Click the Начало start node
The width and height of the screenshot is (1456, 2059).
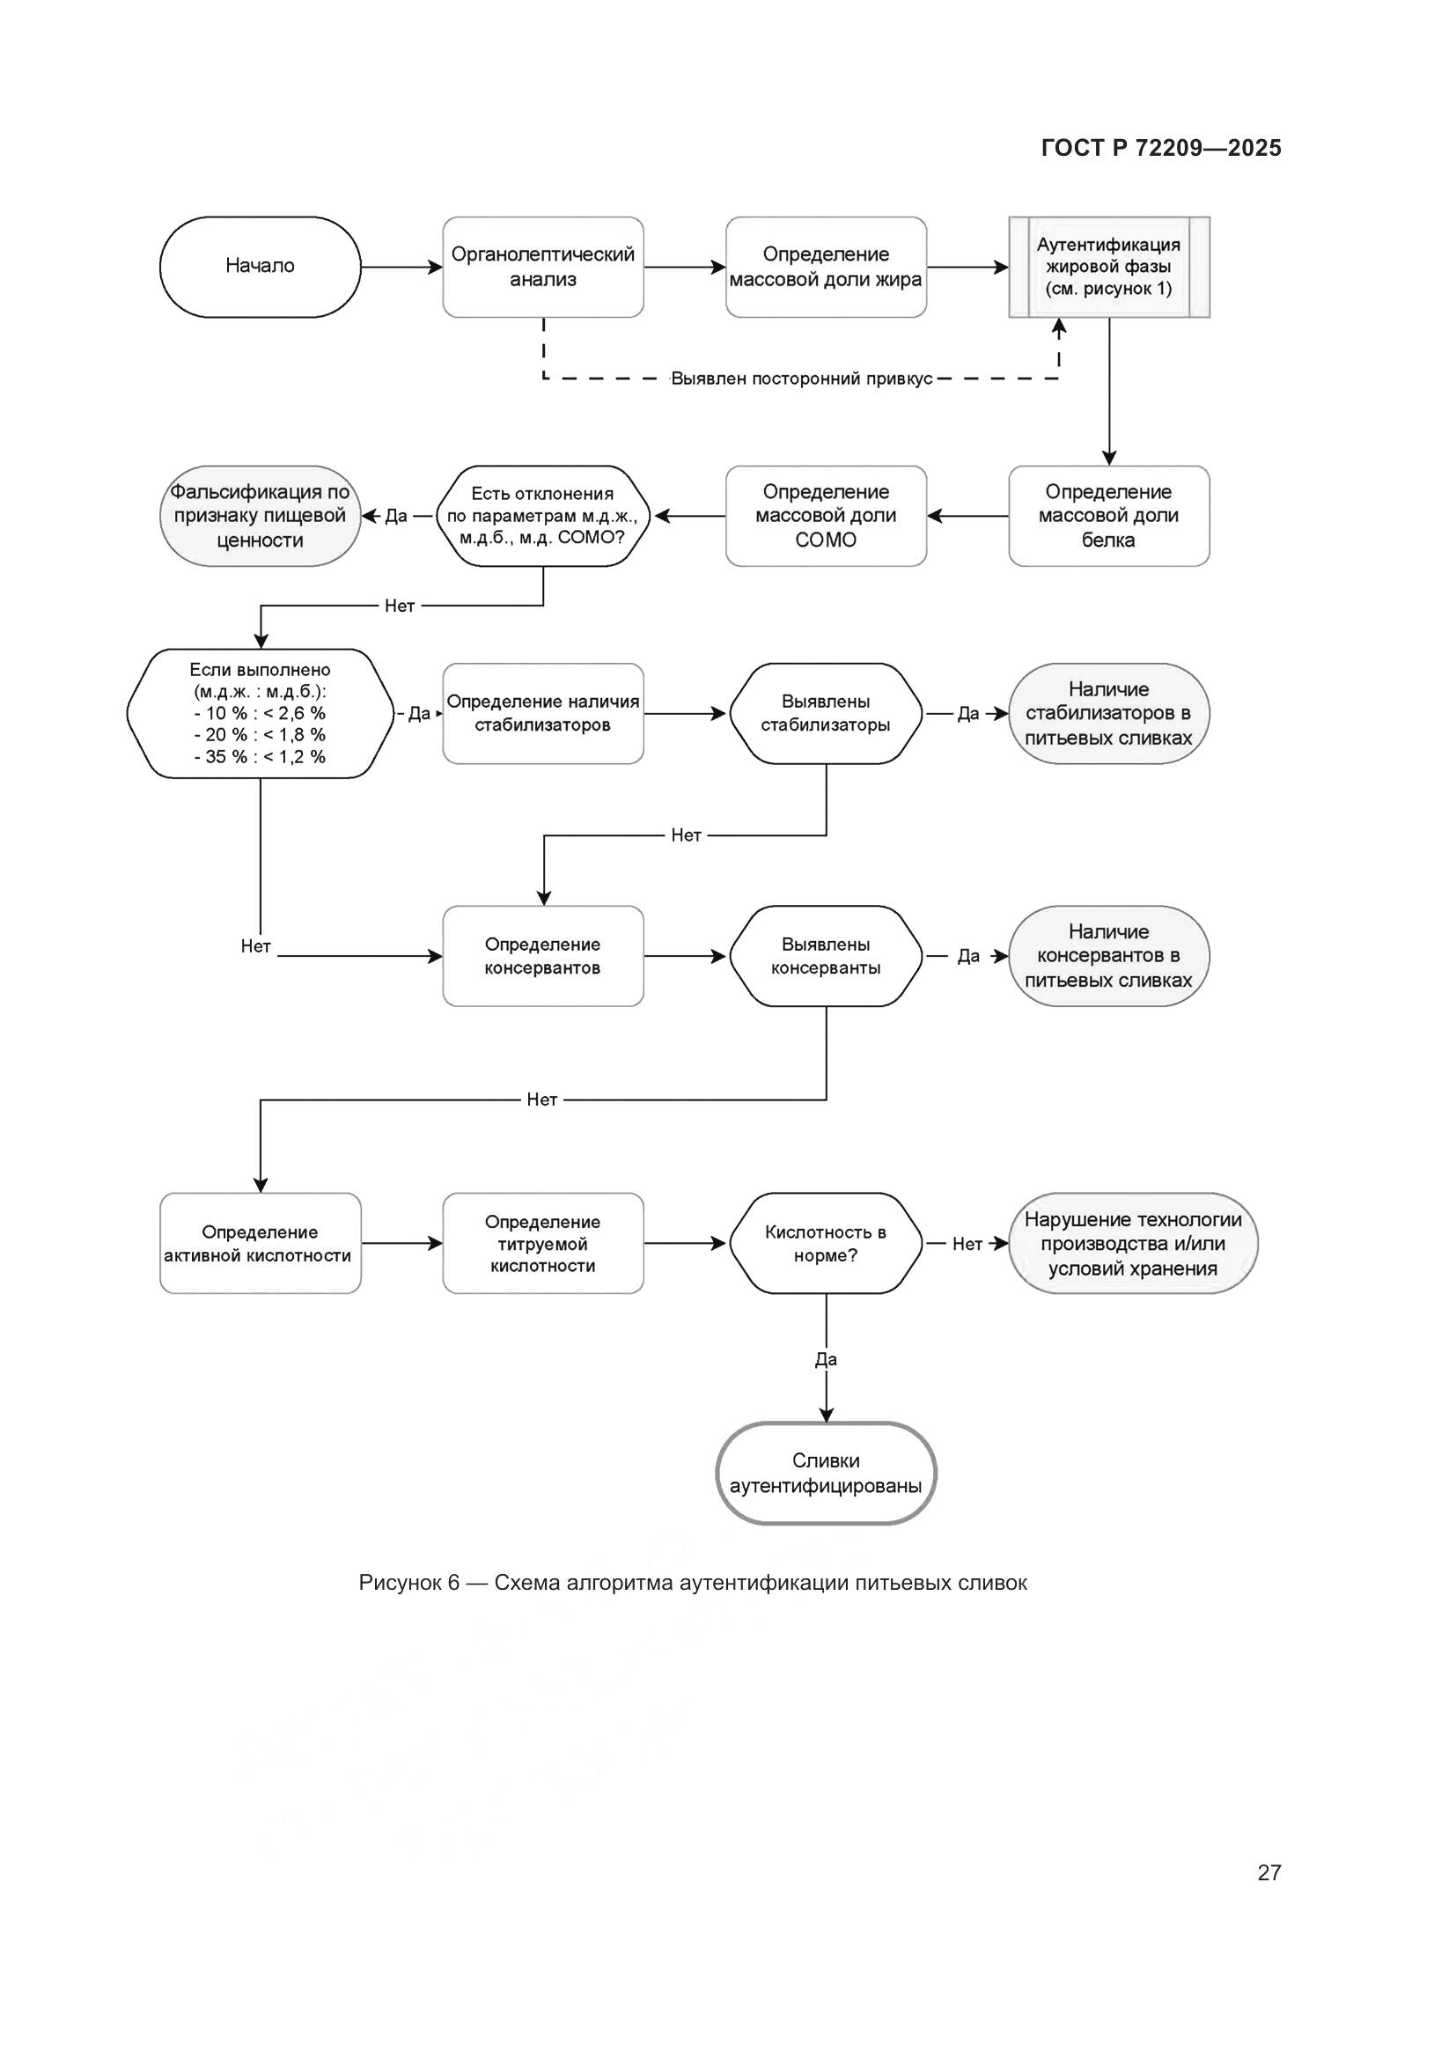click(x=260, y=267)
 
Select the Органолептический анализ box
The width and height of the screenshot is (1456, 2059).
click(x=542, y=267)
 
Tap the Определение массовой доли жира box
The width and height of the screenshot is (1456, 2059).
click(x=826, y=267)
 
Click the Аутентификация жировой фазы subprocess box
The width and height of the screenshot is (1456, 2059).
click(x=1109, y=267)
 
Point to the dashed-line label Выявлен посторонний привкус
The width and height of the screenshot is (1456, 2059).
click(x=802, y=379)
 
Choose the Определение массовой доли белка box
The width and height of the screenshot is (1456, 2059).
click(x=1109, y=516)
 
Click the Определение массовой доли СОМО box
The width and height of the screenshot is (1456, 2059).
click(x=826, y=516)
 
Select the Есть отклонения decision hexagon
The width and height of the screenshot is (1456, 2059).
click(x=542, y=516)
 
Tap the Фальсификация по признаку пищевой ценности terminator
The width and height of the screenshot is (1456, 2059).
click(x=260, y=516)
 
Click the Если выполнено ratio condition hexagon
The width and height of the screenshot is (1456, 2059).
click(x=260, y=713)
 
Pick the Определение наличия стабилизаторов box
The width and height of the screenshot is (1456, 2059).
click(x=542, y=713)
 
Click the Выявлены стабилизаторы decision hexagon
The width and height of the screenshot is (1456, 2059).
click(x=826, y=713)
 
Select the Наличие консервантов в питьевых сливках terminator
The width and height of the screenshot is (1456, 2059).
click(x=1109, y=956)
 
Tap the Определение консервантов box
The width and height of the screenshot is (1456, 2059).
click(x=542, y=956)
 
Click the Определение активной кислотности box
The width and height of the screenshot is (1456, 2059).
click(x=260, y=1243)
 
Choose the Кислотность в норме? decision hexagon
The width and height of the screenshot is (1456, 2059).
click(x=826, y=1243)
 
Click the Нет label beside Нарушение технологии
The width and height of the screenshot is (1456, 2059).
click(x=967, y=1244)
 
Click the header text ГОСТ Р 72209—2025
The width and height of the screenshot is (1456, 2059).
click(x=1161, y=148)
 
